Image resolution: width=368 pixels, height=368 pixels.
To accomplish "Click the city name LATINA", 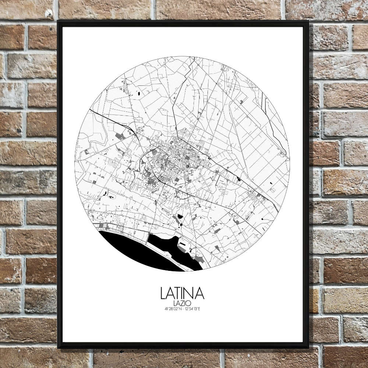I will [x=182, y=293].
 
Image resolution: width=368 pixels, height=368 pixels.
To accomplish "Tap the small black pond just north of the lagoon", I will [x=179, y=217].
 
